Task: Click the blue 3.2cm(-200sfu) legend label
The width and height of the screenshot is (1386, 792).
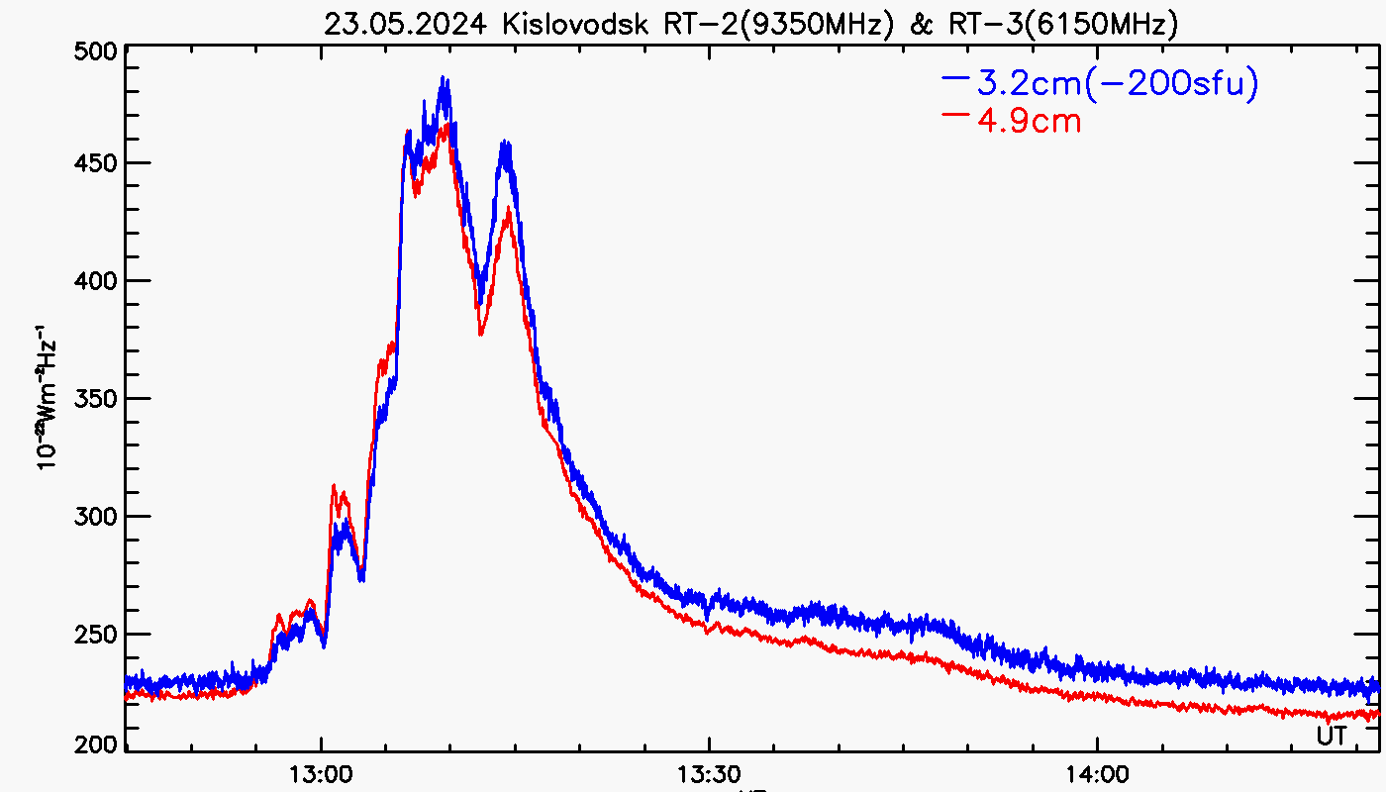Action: coord(1118,85)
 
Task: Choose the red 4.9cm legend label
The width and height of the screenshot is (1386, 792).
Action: coord(1029,122)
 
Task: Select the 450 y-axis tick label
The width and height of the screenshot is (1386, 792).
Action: coord(97,163)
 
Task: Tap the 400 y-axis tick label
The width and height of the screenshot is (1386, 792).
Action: coord(97,281)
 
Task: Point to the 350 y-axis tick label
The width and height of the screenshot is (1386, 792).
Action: coord(97,399)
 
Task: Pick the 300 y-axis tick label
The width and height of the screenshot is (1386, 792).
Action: coord(97,517)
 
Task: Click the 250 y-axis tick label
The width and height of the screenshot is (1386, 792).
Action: coord(97,635)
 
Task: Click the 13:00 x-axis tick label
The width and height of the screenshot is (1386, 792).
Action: coord(321,773)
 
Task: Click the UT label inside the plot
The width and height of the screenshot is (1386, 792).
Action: coord(1332,736)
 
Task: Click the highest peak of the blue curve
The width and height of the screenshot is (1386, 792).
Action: coord(445,79)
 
